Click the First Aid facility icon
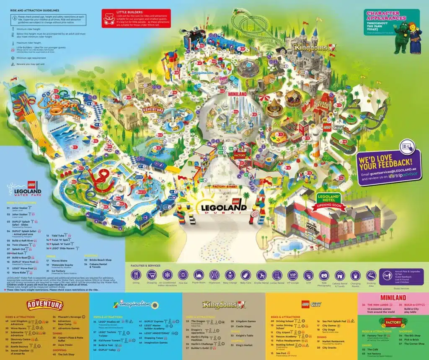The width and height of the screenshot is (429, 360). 183,275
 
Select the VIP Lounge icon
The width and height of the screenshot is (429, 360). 292,275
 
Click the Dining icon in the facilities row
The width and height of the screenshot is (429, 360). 136,275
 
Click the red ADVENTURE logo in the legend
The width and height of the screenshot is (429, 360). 45,304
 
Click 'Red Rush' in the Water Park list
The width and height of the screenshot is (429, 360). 18,253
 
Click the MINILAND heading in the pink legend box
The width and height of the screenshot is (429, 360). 393,297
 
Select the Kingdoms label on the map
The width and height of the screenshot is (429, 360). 312,48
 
